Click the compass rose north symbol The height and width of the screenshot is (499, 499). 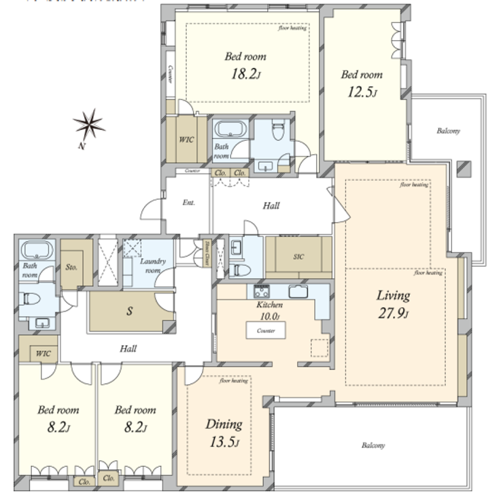pos(88,125)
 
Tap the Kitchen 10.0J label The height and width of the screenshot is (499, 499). pos(269,311)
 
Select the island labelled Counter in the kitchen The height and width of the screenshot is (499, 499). pos(266,330)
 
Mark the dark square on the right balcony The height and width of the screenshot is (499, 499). pos(464,168)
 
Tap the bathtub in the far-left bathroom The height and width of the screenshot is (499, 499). pos(33,249)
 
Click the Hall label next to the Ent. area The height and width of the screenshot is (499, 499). pos(271,205)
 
